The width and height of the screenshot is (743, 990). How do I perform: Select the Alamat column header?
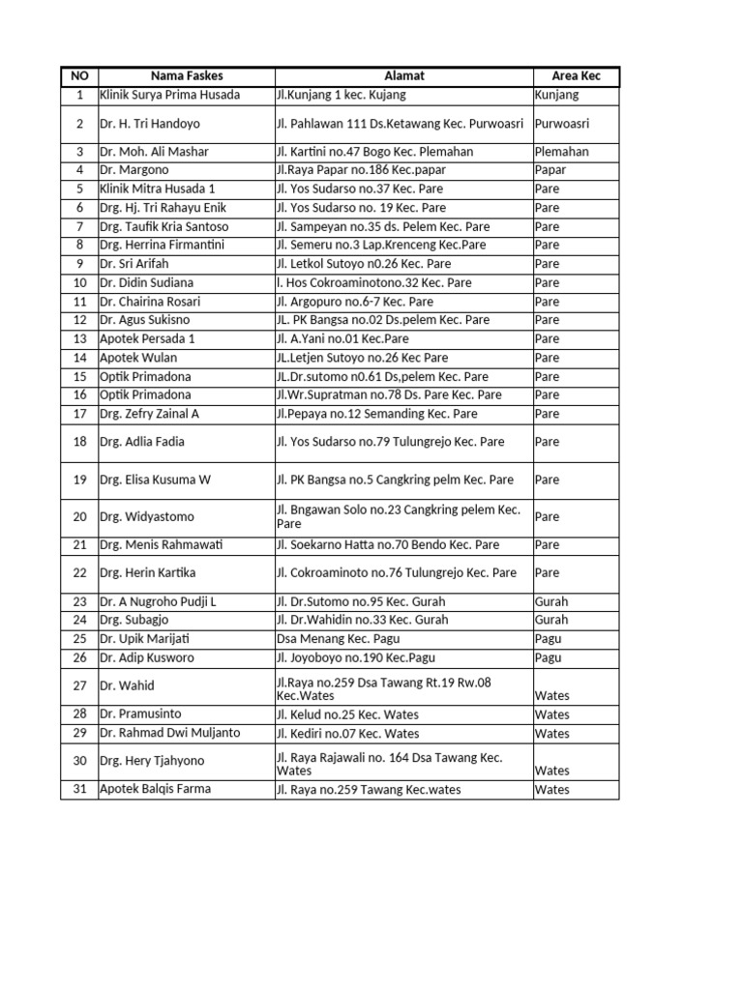(403, 75)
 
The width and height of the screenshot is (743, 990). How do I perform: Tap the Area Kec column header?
(576, 75)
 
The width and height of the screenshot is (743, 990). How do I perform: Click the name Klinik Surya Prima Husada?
(170, 95)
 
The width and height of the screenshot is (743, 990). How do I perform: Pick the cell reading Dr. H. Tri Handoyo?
(150, 124)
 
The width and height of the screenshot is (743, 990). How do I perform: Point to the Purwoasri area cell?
(562, 124)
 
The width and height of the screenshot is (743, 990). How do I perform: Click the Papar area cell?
(550, 170)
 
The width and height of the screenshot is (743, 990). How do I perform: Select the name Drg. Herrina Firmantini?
(162, 245)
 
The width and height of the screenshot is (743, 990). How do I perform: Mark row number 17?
(79, 414)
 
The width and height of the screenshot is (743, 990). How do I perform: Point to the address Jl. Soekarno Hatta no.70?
(388, 545)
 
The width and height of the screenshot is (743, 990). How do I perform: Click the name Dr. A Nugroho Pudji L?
(158, 601)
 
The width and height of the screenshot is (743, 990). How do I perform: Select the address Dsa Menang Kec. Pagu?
(338, 639)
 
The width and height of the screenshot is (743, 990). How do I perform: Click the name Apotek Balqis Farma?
(155, 789)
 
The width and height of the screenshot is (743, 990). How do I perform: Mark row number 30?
(79, 761)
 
